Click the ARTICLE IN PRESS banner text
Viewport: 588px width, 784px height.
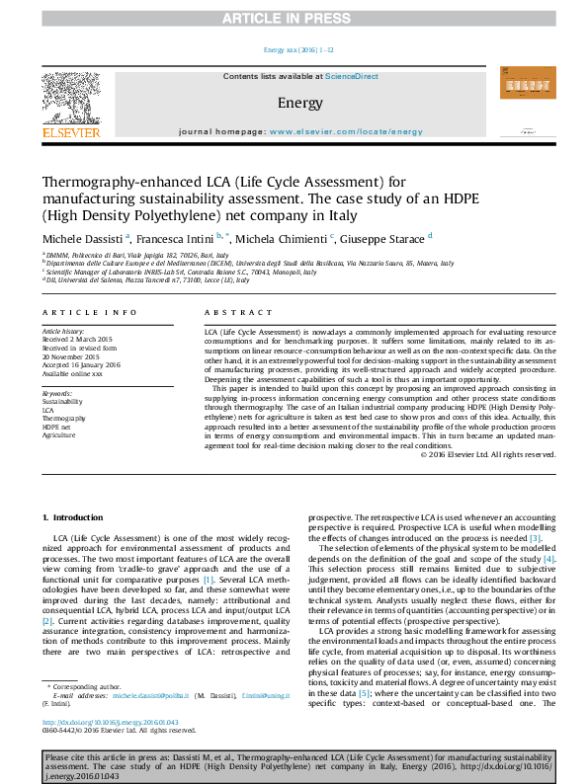(294, 19)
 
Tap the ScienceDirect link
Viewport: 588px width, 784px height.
(352, 76)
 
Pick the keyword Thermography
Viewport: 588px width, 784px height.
(62, 419)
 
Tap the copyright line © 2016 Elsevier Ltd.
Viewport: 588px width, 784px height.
(488, 453)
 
